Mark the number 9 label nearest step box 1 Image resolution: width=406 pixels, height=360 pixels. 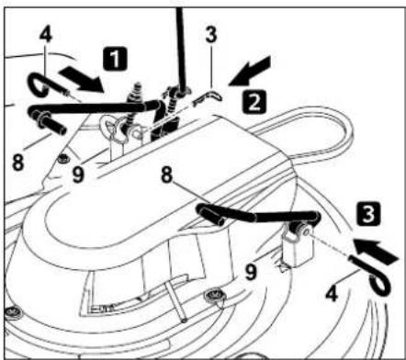77,170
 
